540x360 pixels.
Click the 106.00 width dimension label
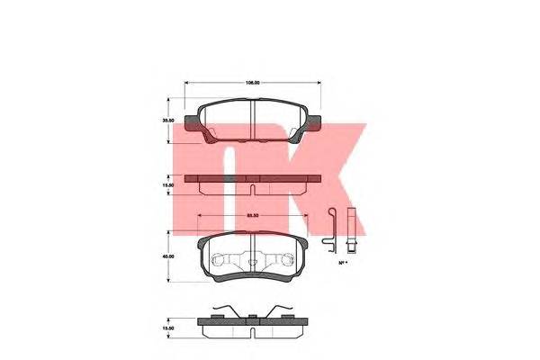tap(253, 83)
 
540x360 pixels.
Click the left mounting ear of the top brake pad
tap(190, 123)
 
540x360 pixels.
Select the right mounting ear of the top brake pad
tap(316, 123)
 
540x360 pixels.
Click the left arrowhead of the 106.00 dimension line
tap(187, 83)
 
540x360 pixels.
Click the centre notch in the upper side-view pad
tap(253, 189)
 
